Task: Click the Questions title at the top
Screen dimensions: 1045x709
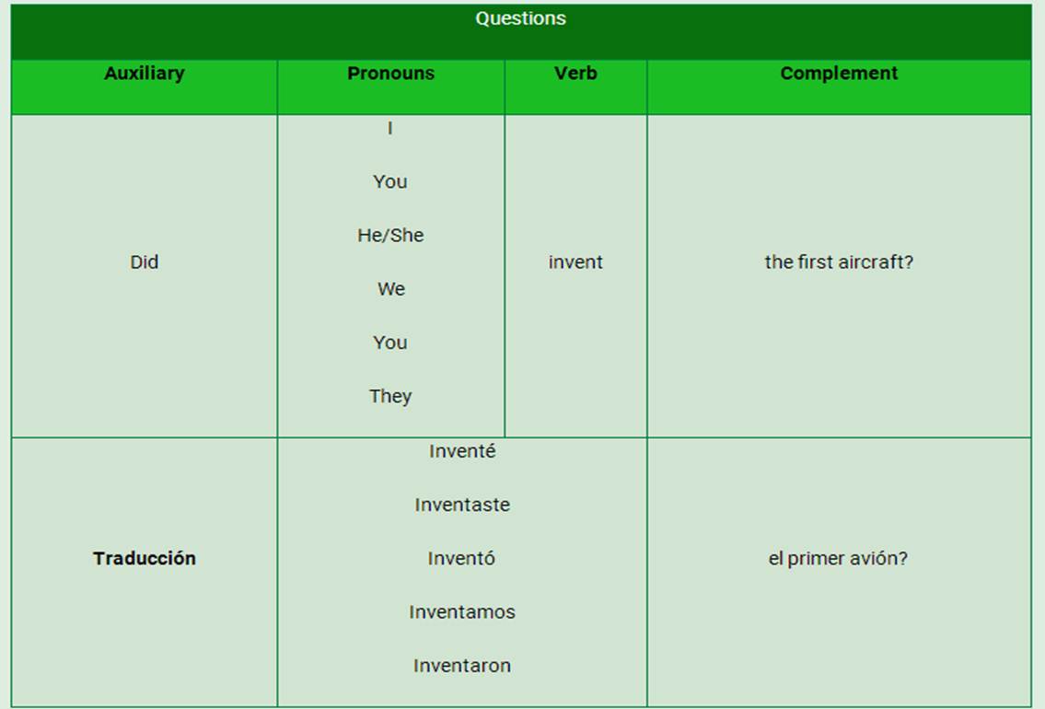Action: (x=520, y=18)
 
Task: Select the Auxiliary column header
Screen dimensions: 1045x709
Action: (x=144, y=74)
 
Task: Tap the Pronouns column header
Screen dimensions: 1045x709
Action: (x=390, y=74)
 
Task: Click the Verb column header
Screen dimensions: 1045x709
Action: (x=575, y=74)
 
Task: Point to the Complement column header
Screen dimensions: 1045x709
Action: (x=839, y=74)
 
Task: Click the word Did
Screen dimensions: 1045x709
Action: (x=144, y=262)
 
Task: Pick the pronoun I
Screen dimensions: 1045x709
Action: (x=389, y=128)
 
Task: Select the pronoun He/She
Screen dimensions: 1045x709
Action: (x=390, y=235)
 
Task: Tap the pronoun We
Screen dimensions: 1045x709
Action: (x=391, y=289)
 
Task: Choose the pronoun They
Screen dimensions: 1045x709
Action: (x=390, y=397)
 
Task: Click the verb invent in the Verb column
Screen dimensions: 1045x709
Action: (x=575, y=262)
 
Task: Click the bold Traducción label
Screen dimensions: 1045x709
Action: (x=144, y=558)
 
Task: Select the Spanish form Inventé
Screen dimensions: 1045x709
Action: (x=462, y=451)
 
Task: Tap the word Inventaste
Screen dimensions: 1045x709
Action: (x=462, y=506)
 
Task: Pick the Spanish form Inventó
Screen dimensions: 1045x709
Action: (x=461, y=558)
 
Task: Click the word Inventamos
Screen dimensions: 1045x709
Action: (x=462, y=612)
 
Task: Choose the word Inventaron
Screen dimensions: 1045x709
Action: (x=462, y=666)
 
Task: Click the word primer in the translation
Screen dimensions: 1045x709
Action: (x=810, y=559)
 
